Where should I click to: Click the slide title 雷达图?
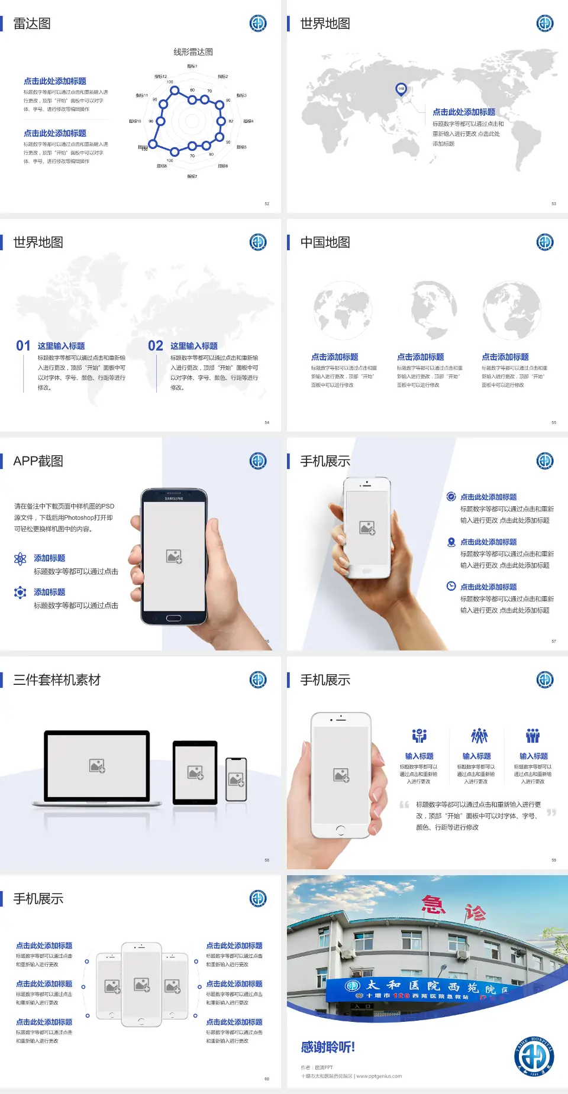tap(32, 24)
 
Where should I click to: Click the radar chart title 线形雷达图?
tap(193, 52)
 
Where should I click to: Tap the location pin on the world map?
tap(401, 89)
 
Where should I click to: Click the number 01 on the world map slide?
tap(23, 346)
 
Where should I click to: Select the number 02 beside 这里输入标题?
tap(156, 346)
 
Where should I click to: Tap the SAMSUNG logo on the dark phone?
tap(174, 499)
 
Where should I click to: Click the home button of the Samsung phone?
tap(173, 618)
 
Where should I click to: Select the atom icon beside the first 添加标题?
tap(20, 559)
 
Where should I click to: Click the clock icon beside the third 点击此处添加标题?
tap(451, 586)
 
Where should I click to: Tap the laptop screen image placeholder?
tap(97, 766)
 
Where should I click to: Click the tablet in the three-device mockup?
tap(195, 772)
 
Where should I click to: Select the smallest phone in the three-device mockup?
tap(236, 779)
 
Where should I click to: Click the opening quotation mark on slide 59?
tap(404, 804)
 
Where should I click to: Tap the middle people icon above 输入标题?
tap(478, 736)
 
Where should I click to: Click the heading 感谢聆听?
tap(328, 1047)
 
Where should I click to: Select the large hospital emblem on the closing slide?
tap(534, 1057)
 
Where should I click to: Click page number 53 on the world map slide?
tap(554, 203)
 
